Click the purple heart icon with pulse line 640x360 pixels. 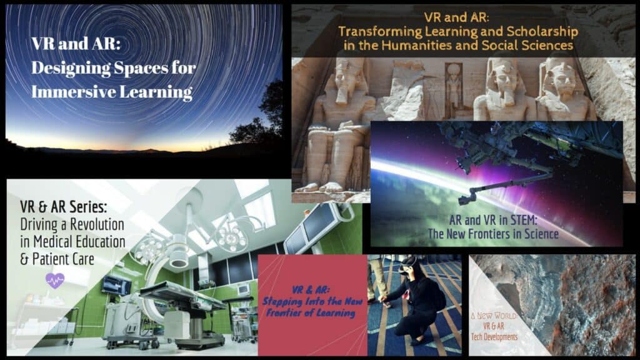coord(55,280)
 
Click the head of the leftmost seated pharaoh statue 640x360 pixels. coord(351,78)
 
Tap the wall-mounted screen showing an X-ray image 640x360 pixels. coord(117,286)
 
